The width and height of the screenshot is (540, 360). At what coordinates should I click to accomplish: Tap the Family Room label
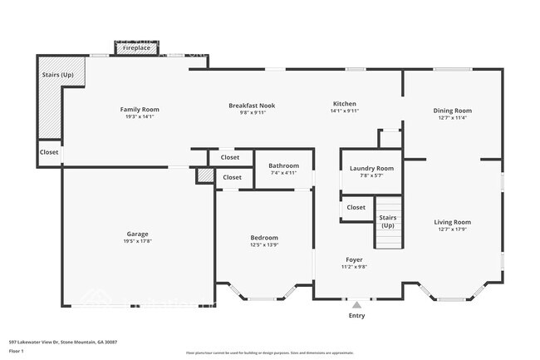(x=140, y=110)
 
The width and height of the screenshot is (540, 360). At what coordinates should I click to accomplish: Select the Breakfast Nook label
(x=252, y=106)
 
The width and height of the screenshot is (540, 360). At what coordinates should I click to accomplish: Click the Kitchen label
(x=344, y=104)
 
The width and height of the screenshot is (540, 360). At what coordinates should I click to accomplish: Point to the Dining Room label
(x=452, y=111)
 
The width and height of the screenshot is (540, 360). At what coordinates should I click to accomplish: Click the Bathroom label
(x=283, y=166)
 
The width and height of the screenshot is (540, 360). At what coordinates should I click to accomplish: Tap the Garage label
(x=137, y=234)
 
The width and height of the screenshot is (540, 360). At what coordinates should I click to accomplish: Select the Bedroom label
(x=264, y=238)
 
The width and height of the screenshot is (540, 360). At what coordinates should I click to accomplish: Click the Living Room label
(x=452, y=222)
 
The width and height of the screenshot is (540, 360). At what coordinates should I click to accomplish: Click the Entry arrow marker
(x=356, y=304)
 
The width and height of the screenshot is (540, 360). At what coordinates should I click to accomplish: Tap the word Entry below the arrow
(x=356, y=316)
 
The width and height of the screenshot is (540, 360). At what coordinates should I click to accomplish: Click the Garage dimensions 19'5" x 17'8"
(x=137, y=242)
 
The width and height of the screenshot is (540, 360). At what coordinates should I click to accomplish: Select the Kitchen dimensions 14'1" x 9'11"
(x=344, y=111)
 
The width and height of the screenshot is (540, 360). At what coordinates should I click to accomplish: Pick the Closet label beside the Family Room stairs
(x=49, y=152)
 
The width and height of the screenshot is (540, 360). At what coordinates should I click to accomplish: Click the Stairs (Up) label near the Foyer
(x=387, y=221)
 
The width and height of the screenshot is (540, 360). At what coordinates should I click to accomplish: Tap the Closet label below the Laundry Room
(x=356, y=207)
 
